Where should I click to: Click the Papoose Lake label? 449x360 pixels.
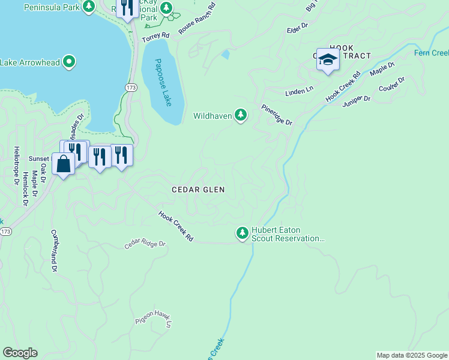click(163, 82)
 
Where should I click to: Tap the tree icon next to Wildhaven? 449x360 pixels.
click(241, 114)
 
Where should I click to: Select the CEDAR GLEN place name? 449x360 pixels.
click(198, 190)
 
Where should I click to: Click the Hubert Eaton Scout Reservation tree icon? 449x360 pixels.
click(242, 232)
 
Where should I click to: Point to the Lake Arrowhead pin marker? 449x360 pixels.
click(69, 61)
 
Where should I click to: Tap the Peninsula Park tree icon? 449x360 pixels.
click(89, 7)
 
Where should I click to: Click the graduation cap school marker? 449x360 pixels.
click(328, 59)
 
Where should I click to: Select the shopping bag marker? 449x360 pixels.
click(63, 163)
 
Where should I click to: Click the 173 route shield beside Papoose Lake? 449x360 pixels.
click(131, 88)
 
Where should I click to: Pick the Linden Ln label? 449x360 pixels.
click(299, 90)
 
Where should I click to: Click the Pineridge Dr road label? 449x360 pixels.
click(276, 115)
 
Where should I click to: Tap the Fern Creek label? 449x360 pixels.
click(431, 53)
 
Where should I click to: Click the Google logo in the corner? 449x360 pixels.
click(20, 353)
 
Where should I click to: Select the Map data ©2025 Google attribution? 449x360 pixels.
click(411, 355)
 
